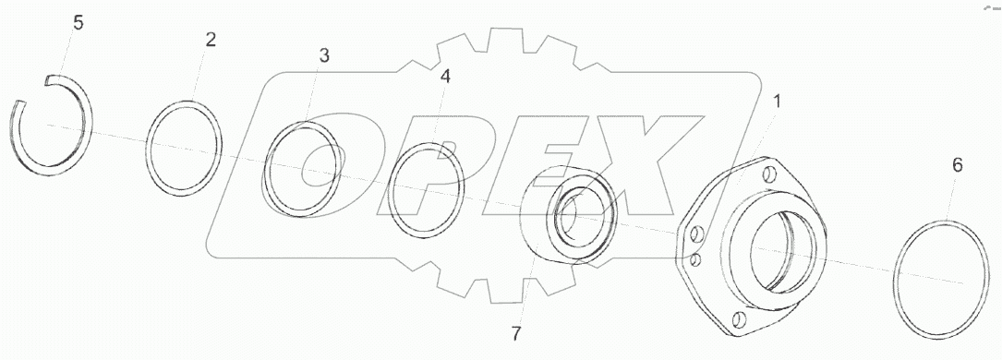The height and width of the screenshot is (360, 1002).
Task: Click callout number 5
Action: [78, 24]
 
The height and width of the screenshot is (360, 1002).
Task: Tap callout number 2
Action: [211, 40]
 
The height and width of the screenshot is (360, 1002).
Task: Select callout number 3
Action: [324, 56]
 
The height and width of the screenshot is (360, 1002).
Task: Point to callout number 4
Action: [445, 77]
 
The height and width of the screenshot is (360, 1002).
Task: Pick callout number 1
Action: [778, 101]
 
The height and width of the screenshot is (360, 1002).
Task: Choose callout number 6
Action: [957, 164]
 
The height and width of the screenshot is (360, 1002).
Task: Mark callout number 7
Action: [515, 333]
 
